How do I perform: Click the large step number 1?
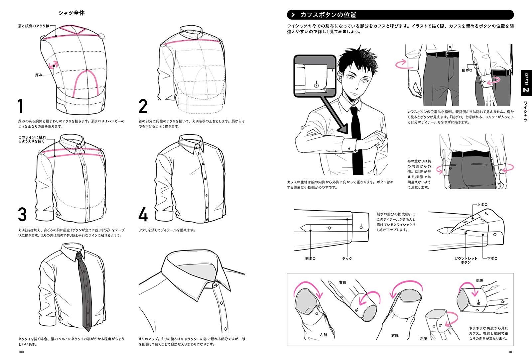click(x=21, y=106)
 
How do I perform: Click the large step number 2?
click(x=143, y=106)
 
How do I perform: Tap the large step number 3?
click(x=22, y=215)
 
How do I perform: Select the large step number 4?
click(x=143, y=215)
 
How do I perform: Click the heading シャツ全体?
click(x=71, y=13)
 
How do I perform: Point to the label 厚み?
click(x=39, y=75)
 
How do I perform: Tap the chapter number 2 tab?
click(x=526, y=90)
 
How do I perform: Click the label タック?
click(x=347, y=259)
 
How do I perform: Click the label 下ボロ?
click(x=492, y=259)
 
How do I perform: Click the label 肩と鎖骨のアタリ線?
click(x=34, y=26)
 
